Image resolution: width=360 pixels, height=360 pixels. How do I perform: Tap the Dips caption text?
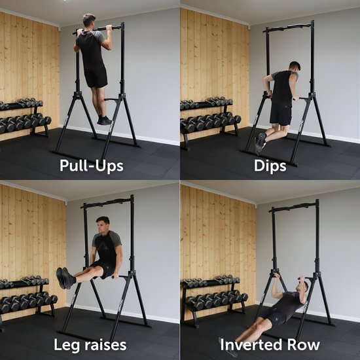tap(270, 166)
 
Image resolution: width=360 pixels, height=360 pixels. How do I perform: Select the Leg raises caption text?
tap(90, 344)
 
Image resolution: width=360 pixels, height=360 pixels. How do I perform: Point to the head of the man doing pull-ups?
tap(89, 21)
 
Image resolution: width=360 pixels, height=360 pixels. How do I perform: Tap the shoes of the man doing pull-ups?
tap(104, 120)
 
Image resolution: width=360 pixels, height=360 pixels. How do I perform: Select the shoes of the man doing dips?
tap(261, 141)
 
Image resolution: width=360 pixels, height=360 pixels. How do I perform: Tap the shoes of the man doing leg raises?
tap(64, 278)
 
